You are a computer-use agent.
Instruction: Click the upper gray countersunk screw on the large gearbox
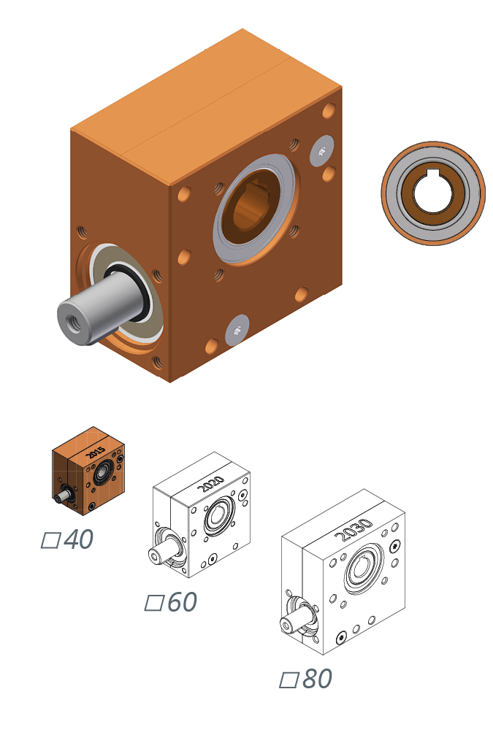[x=321, y=150]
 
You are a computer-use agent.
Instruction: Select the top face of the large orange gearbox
[x=205, y=102]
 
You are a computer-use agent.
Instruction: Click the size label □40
[x=67, y=540]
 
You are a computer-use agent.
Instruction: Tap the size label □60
[x=171, y=603]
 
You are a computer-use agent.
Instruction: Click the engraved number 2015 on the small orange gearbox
[x=96, y=452]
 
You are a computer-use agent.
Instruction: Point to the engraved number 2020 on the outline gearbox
[x=210, y=484]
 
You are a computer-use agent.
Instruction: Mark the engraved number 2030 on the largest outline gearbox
[x=353, y=530]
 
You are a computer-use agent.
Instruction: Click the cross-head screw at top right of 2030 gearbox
[x=395, y=546]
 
